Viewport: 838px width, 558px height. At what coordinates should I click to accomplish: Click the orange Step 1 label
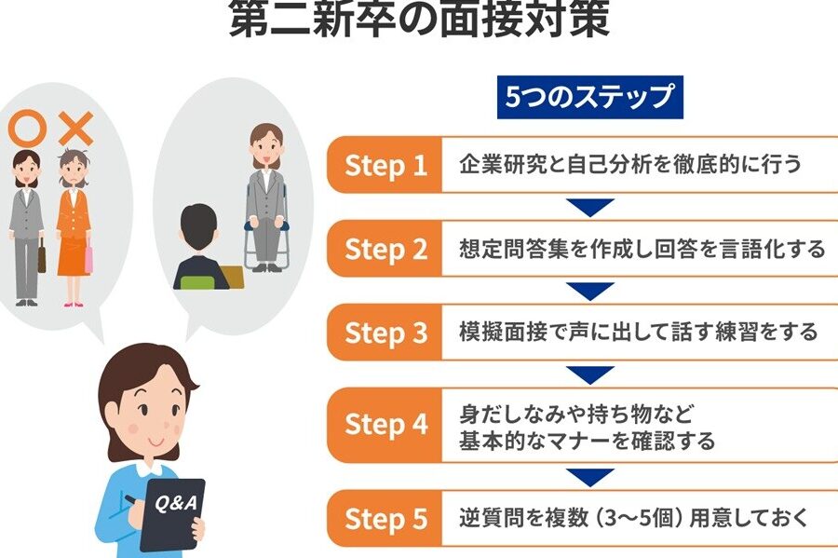pyautogui.click(x=385, y=165)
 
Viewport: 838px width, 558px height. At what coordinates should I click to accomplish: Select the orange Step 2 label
pyautogui.click(x=385, y=249)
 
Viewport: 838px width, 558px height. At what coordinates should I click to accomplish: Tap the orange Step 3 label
pyautogui.click(x=385, y=333)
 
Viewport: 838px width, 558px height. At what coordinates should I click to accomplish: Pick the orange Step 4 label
pyautogui.click(x=385, y=425)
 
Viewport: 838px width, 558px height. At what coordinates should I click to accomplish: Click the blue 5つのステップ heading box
pyautogui.click(x=590, y=97)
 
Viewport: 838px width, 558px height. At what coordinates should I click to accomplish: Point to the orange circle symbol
pyautogui.click(x=26, y=128)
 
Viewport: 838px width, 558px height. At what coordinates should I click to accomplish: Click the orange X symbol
pyautogui.click(x=76, y=129)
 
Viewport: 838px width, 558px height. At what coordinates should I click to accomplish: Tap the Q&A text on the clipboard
pyautogui.click(x=176, y=502)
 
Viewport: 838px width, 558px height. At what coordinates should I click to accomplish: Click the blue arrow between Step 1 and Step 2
pyautogui.click(x=590, y=206)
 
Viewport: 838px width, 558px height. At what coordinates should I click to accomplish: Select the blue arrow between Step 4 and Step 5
pyautogui.click(x=590, y=476)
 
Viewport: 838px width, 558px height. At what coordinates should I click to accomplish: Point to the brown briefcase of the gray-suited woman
pyautogui.click(x=42, y=256)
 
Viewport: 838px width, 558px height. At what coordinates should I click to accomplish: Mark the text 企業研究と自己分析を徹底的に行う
pyautogui.click(x=630, y=164)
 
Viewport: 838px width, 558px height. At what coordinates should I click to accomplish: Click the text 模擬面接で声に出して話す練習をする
pyautogui.click(x=639, y=332)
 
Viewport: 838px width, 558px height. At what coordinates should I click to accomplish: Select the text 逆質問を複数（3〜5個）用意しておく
pyautogui.click(x=634, y=518)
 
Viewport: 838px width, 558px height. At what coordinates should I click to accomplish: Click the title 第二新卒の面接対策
pyautogui.click(x=420, y=20)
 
